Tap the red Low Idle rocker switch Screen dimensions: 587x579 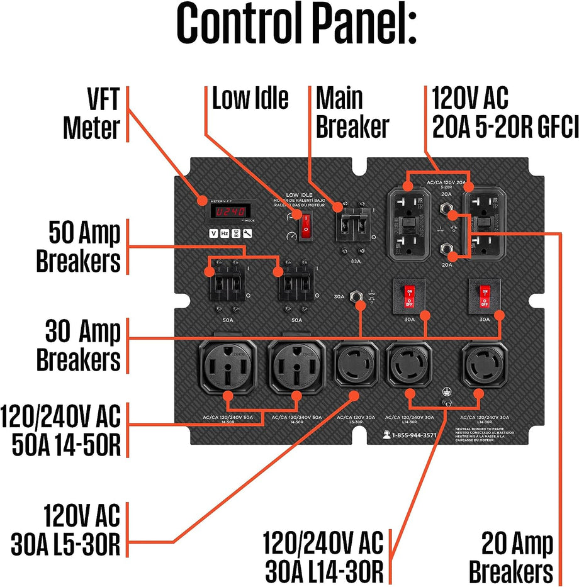(x=306, y=226)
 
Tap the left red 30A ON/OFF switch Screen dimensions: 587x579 (x=409, y=295)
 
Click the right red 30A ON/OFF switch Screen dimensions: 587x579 (x=485, y=295)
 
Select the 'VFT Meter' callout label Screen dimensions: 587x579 (x=91, y=113)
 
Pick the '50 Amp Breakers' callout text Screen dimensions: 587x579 (x=78, y=247)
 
